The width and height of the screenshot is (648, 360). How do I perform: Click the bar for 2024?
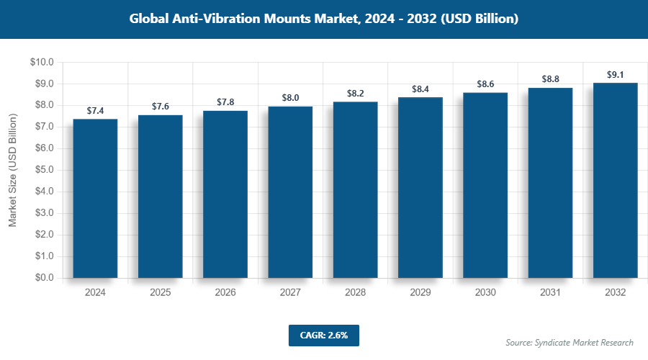point(95,198)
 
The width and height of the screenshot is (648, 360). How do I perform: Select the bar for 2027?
point(290,192)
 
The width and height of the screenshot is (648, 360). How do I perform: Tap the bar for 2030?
point(485,185)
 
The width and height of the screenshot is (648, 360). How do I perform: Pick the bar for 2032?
point(615,180)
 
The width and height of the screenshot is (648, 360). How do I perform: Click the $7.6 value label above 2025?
point(161,107)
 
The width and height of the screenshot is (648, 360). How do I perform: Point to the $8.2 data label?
point(356,94)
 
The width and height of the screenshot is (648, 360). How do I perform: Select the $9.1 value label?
point(616,74)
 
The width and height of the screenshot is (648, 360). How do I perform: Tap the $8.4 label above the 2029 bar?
point(420,89)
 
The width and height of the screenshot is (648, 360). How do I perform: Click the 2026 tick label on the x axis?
point(225,293)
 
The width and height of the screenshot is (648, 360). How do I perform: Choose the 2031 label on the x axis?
point(550,293)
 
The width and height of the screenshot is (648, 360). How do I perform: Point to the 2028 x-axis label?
point(356,293)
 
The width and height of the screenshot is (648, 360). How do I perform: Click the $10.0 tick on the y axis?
point(42,63)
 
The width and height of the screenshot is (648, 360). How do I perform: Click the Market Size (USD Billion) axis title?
point(13,170)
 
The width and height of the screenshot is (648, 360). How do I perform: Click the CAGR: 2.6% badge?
point(323,335)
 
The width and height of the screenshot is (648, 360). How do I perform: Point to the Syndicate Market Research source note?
point(570,343)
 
